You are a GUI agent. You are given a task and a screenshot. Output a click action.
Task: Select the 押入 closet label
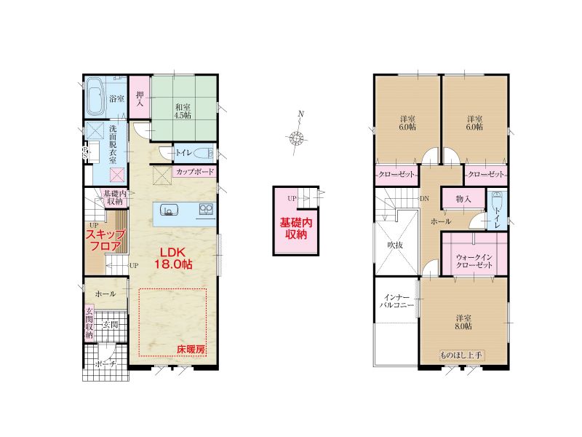click(140, 99)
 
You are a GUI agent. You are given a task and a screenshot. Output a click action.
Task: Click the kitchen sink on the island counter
click(168, 210)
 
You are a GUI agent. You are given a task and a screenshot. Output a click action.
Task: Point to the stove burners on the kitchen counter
click(206, 209)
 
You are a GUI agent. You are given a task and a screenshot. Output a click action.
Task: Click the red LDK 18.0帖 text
click(173, 258)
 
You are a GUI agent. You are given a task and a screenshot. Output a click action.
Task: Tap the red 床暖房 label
click(191, 350)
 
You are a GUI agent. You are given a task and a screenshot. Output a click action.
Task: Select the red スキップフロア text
click(105, 240)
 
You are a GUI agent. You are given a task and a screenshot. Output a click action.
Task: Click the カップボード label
click(195, 172)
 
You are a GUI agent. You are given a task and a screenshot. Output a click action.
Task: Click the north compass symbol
click(297, 138)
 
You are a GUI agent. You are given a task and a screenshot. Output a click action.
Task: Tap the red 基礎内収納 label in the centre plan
click(296, 228)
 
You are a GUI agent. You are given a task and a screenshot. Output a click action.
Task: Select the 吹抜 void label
click(395, 245)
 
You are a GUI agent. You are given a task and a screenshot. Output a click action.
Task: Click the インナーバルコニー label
click(396, 302)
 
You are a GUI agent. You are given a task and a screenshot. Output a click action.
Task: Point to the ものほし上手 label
click(461, 355)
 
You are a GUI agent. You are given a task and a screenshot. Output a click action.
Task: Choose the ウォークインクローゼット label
click(474, 261)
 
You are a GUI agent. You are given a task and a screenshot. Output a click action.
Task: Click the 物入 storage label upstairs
click(463, 199)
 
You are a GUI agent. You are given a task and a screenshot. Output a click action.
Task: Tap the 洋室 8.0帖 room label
click(464, 322)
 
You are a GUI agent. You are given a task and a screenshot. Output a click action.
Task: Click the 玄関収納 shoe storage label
click(89, 323)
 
